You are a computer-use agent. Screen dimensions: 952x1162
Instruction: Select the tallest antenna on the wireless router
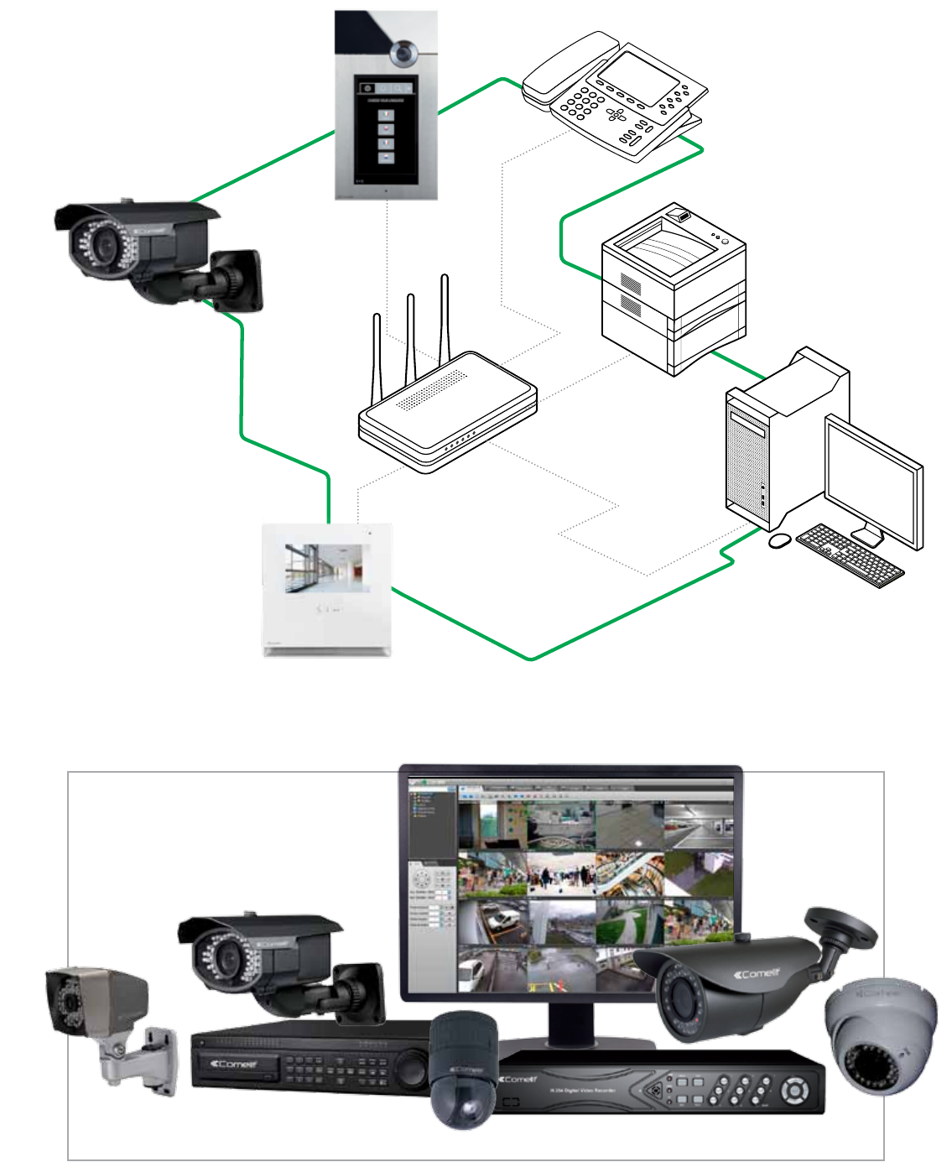[x=445, y=319]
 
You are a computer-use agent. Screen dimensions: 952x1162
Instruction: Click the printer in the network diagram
[x=674, y=285]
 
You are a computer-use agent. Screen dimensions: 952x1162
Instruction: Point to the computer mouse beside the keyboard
[x=779, y=541]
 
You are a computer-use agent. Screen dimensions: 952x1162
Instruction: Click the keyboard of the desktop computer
[x=850, y=555]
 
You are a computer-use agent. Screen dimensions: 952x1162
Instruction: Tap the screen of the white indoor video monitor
[x=326, y=568]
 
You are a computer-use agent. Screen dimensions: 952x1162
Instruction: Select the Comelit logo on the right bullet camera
[x=757, y=974]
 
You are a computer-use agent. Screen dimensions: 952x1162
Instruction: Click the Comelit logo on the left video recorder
[x=235, y=1064]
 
